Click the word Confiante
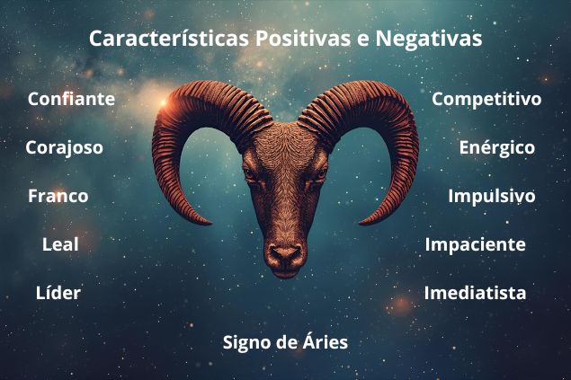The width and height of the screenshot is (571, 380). (x=71, y=99)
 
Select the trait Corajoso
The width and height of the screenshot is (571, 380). (x=64, y=147)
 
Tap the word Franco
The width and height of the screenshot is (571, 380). (x=58, y=196)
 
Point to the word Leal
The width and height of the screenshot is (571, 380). (x=60, y=244)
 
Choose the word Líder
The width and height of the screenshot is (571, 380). (x=58, y=293)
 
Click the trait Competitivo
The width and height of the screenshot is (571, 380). (x=486, y=99)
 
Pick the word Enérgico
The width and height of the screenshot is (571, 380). (x=496, y=147)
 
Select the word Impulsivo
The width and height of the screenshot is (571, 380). (x=491, y=196)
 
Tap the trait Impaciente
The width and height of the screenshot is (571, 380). (x=475, y=244)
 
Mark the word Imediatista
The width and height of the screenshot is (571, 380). (x=475, y=293)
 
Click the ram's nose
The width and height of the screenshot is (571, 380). (x=285, y=254)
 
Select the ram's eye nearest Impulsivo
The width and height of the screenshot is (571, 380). (x=318, y=174)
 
